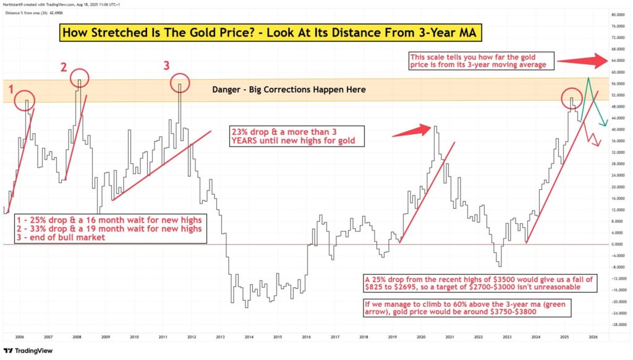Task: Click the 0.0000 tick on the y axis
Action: pyautogui.click(x=617, y=244)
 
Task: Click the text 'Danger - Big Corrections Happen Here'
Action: pyautogui.click(x=289, y=90)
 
